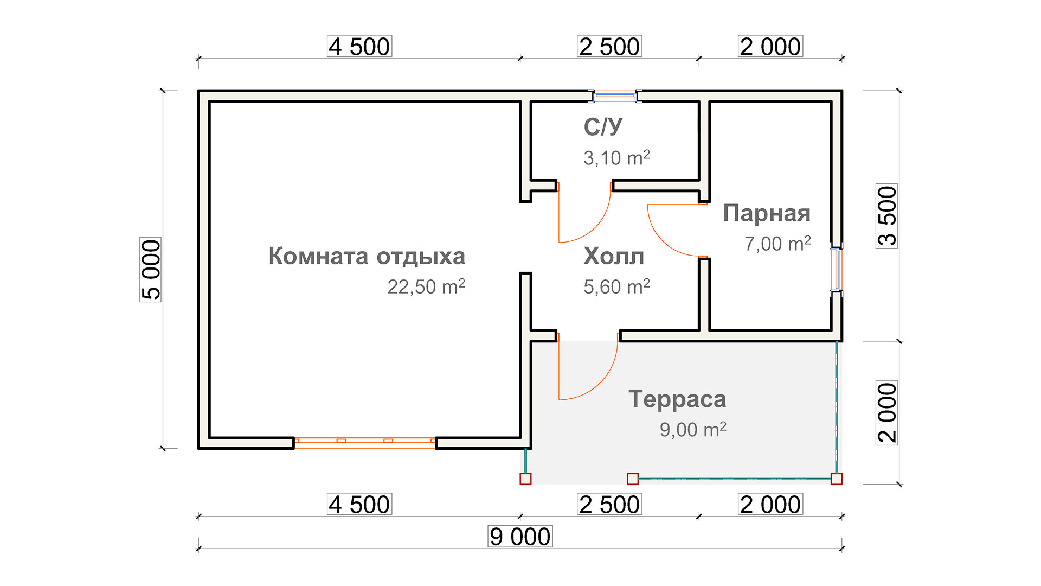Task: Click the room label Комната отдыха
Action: click(x=367, y=257)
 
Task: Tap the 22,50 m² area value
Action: click(x=426, y=286)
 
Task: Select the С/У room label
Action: click(x=603, y=127)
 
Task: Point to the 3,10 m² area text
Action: click(x=616, y=158)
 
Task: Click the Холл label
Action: click(x=614, y=256)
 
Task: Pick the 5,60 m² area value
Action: click(x=616, y=286)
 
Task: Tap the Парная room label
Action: click(x=767, y=213)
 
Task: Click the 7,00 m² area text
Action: click(x=777, y=244)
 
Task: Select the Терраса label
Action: click(x=677, y=399)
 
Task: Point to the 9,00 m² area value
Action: click(x=693, y=430)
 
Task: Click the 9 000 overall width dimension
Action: click(x=520, y=537)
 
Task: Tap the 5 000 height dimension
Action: click(x=151, y=270)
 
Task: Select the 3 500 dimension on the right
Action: click(x=886, y=216)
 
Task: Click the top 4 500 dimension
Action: click(x=359, y=47)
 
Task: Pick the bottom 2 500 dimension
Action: click(x=609, y=505)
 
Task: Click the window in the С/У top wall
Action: click(x=614, y=97)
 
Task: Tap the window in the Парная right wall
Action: click(x=837, y=269)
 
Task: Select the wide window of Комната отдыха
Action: click(x=365, y=443)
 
